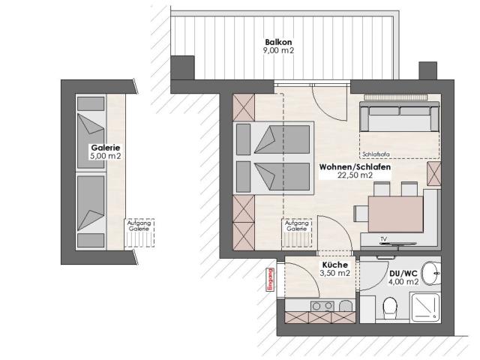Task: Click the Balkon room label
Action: pyautogui.click(x=277, y=41)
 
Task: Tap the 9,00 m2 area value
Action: pyautogui.click(x=277, y=50)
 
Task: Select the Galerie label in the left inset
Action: pyautogui.click(x=105, y=148)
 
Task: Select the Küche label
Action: pyautogui.click(x=334, y=265)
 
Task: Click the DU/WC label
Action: pyautogui.click(x=403, y=273)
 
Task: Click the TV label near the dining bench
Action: pyautogui.click(x=382, y=238)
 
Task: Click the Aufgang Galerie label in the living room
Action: pyautogui.click(x=298, y=225)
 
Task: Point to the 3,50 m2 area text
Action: pyautogui.click(x=334, y=274)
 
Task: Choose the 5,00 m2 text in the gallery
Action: pyautogui.click(x=105, y=157)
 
